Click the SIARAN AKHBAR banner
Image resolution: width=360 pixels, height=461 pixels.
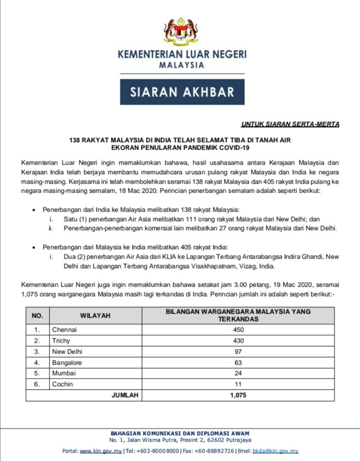click(x=182, y=92)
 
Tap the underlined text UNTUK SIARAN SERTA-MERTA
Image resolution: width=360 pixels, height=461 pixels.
click(x=290, y=125)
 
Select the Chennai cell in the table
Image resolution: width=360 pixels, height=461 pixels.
click(x=65, y=330)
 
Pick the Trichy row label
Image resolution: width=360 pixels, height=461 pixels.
click(x=61, y=341)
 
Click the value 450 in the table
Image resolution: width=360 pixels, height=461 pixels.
click(x=238, y=330)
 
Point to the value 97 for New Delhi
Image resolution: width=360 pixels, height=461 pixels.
click(x=238, y=352)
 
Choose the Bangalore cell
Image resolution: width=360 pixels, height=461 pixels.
click(x=67, y=363)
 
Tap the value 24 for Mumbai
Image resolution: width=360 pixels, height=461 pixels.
click(x=238, y=373)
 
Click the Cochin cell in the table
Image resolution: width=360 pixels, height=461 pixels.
click(x=62, y=384)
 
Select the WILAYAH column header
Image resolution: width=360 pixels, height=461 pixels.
click(x=95, y=316)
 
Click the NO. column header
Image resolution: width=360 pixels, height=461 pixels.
click(x=37, y=316)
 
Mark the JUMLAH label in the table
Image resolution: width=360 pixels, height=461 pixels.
click(x=125, y=395)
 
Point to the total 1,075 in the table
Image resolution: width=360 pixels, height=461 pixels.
click(x=238, y=395)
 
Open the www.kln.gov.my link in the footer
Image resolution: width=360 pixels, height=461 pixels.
click(x=101, y=451)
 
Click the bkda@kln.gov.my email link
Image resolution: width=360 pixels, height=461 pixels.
click(x=275, y=451)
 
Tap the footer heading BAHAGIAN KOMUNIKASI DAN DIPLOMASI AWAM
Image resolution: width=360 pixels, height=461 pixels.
click(x=180, y=434)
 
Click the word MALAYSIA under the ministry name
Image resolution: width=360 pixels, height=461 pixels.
click(x=182, y=66)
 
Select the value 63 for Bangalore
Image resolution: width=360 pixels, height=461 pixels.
click(x=238, y=363)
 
